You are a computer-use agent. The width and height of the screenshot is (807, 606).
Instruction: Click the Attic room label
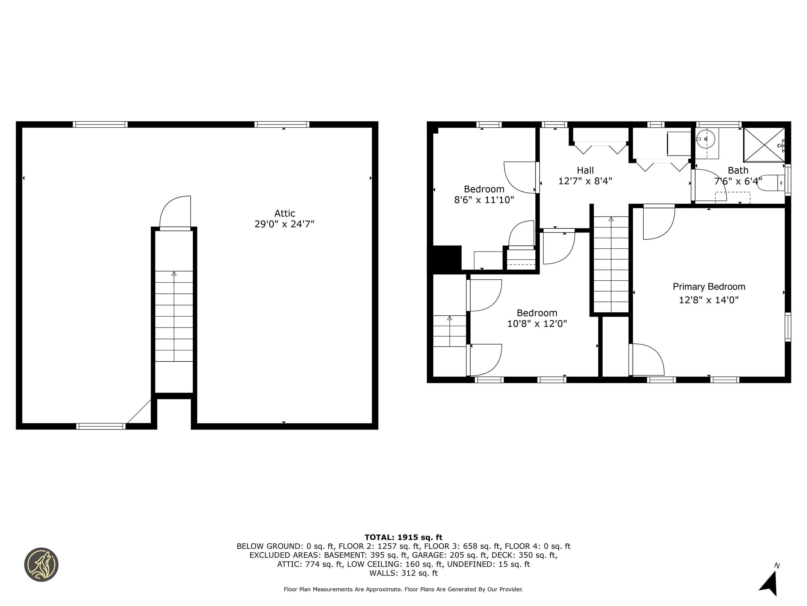(284, 213)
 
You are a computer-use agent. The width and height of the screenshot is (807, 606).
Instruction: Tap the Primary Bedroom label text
(708, 287)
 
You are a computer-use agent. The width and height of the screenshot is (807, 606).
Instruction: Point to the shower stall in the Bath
(764, 145)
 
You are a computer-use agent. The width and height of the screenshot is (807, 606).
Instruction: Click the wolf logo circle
(41, 564)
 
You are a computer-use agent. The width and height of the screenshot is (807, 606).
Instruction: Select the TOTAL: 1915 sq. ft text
(403, 537)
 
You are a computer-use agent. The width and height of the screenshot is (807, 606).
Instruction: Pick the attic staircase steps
(174, 316)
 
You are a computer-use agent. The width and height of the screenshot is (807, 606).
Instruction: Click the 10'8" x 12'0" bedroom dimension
(537, 324)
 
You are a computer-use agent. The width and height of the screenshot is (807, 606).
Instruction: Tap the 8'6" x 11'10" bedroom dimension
(484, 200)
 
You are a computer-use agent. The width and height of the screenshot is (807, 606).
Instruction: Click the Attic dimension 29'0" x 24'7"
(284, 224)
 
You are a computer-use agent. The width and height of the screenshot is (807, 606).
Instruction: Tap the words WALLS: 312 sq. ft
(403, 573)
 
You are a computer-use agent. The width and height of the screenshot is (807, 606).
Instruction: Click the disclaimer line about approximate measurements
(403, 589)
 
